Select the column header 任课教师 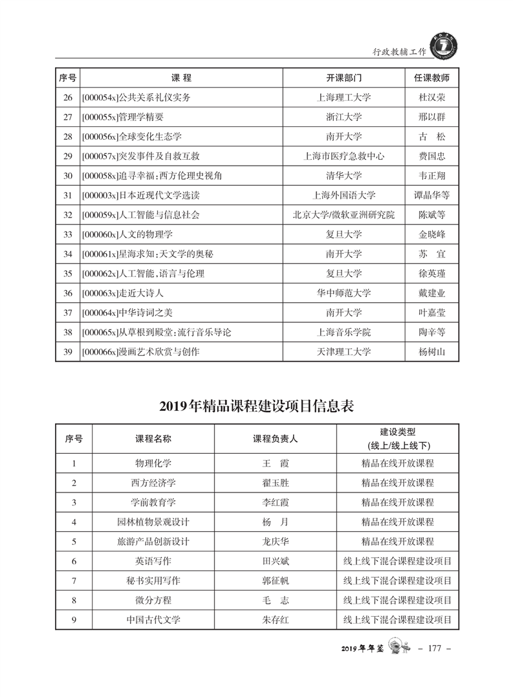[x=432, y=78]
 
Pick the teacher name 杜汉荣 [x=432, y=98]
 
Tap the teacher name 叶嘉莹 [x=432, y=313]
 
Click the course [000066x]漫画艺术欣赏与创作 [x=141, y=352]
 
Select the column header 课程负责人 [x=275, y=438]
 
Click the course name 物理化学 [x=153, y=463]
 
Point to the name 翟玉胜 [x=275, y=483]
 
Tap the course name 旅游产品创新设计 [x=153, y=541]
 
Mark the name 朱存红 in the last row [x=275, y=620]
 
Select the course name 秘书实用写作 [x=153, y=581]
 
